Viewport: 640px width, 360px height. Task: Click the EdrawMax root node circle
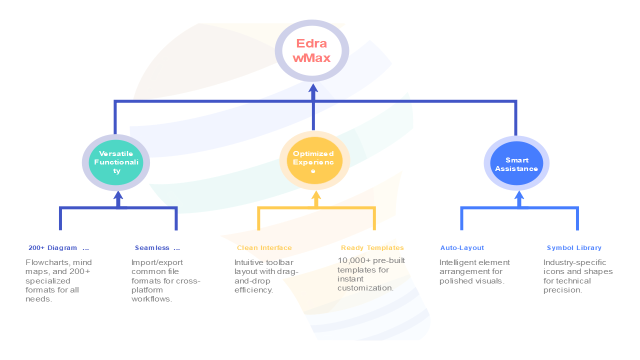pos(312,51)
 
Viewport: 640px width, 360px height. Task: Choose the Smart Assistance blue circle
pos(516,163)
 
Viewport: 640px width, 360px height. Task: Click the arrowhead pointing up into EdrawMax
pos(313,89)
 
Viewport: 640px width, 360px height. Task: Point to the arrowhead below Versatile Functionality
pos(118,196)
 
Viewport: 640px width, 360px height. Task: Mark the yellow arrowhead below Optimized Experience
pos(315,195)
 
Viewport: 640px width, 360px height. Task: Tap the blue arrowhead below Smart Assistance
pos(519,196)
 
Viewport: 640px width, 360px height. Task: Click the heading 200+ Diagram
pos(58,248)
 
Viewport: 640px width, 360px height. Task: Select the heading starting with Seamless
pos(156,248)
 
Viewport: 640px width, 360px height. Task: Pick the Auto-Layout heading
pos(462,248)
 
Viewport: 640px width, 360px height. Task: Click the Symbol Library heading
pos(573,248)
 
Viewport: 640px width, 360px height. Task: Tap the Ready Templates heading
pos(372,248)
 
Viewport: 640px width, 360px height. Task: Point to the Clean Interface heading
pos(264,248)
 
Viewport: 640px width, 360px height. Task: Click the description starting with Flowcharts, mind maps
pos(58,280)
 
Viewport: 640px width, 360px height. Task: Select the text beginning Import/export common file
pos(165,280)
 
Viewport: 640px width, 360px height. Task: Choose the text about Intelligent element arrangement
pos(474,271)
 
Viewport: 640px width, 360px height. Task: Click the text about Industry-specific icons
pos(577,276)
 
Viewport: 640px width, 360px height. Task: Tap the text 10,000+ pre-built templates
pos(370,274)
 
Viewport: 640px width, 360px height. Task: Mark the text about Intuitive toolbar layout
pos(265,276)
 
